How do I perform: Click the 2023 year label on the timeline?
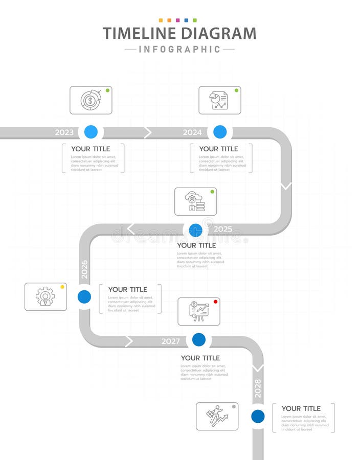(64, 132)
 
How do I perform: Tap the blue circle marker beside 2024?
(220, 132)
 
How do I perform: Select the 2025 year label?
(222, 229)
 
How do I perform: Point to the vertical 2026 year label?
(84, 269)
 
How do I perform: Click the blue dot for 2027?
(199, 339)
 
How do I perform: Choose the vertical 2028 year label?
(258, 388)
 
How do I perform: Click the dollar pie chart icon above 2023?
(91, 100)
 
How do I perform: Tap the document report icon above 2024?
(219, 100)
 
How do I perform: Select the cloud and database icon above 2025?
(195, 201)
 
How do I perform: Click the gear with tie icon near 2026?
(46, 297)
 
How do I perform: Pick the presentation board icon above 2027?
(199, 311)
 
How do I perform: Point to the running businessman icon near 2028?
(217, 416)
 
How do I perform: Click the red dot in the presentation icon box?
(215, 302)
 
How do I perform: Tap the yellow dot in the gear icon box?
(62, 287)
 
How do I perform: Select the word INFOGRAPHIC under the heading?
(179, 50)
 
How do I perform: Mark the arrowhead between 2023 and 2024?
(148, 133)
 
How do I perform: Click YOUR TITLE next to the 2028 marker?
(301, 408)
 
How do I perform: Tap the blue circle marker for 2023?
(91, 132)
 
